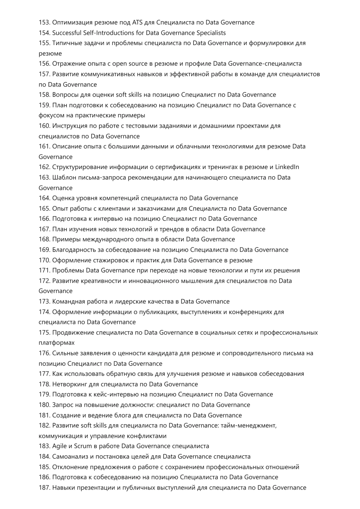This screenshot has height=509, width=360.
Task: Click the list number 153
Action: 44,22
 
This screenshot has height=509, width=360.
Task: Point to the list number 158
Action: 44,95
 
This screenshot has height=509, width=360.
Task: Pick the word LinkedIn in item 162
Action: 287,167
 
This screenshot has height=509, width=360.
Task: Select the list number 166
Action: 44,219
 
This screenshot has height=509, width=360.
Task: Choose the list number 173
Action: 44,301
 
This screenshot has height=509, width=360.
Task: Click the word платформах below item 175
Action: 56,343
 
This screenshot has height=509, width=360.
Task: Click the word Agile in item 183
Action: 59,446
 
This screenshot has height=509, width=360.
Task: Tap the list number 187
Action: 44,488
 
